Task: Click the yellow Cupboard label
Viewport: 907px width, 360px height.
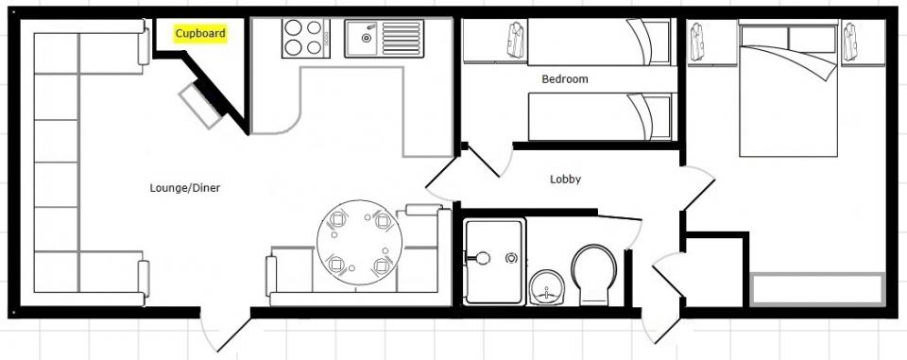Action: coord(200,34)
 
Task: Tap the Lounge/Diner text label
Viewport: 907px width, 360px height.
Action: coord(185,188)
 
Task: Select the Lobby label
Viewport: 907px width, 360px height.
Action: coord(565,180)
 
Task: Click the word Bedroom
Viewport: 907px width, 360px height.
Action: coord(565,79)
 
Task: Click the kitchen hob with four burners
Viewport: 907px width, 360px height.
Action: coord(306,38)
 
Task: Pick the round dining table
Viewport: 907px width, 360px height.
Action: coord(359,243)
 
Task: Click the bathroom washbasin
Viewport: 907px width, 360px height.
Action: coord(546,287)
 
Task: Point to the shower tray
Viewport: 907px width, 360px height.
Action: coord(494,261)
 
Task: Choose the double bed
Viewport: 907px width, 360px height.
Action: coord(788,89)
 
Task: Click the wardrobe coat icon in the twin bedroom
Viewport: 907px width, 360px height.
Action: coord(516,40)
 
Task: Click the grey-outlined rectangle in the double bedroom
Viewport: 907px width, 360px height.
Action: coord(817,289)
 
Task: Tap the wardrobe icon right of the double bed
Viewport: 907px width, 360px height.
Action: coord(849,41)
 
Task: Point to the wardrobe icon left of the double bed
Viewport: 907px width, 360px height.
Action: coord(696,41)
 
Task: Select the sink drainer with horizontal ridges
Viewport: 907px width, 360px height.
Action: coord(401,38)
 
